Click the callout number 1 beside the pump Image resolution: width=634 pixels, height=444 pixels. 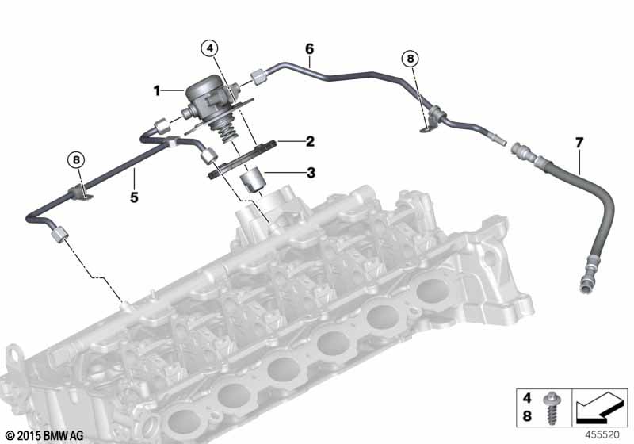pyautogui.click(x=157, y=90)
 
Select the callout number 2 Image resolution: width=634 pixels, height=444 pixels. pyautogui.click(x=310, y=142)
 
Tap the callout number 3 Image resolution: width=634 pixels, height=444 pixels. pyautogui.click(x=311, y=173)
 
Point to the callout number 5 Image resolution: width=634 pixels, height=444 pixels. pyautogui.click(x=134, y=197)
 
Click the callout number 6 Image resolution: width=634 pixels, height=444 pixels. pyautogui.click(x=309, y=49)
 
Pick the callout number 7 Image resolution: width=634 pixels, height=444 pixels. pyautogui.click(x=579, y=143)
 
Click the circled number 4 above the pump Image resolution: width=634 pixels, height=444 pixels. pyautogui.click(x=209, y=48)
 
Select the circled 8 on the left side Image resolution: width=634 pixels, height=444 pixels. pyautogui.click(x=76, y=160)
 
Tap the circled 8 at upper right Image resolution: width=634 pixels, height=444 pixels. pyautogui.click(x=411, y=59)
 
